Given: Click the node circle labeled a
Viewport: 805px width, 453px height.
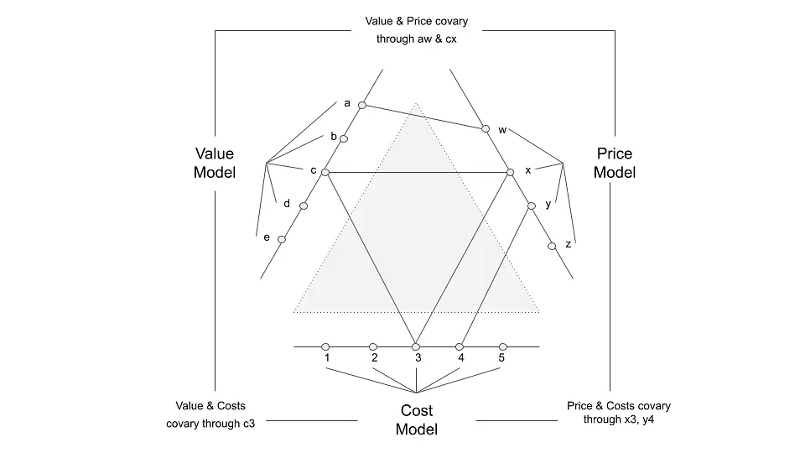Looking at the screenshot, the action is [x=362, y=106].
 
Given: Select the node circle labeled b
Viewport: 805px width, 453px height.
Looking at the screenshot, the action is [x=344, y=138].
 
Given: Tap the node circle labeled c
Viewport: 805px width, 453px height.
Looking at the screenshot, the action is [x=325, y=173].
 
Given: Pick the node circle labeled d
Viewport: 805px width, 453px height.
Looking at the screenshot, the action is [x=304, y=206].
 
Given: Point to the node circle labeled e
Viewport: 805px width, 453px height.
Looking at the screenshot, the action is [x=282, y=239].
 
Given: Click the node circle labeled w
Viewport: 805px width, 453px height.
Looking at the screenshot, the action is [x=486, y=128].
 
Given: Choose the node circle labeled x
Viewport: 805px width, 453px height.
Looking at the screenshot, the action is [x=510, y=173].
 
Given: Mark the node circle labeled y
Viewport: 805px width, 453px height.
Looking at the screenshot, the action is [x=532, y=206].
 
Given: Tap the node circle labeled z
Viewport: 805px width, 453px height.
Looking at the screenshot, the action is [x=552, y=247].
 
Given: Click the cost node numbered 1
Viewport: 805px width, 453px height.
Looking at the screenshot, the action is [x=325, y=347].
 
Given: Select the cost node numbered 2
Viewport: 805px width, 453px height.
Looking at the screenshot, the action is [x=373, y=347].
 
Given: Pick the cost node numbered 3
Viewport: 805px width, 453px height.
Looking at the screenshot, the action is [x=416, y=347].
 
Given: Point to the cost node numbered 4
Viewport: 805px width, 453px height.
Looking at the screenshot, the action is [x=460, y=347].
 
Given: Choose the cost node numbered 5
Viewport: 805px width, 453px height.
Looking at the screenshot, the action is [x=503, y=347].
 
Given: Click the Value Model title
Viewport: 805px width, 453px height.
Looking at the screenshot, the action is [x=215, y=163].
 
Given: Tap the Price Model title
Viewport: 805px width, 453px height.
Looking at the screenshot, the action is [x=615, y=163].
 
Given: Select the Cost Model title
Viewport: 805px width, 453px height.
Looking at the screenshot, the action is [x=417, y=420].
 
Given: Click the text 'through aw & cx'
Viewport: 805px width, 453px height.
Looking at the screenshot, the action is [x=417, y=39].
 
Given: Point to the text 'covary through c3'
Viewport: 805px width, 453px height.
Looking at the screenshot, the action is [x=210, y=424].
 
